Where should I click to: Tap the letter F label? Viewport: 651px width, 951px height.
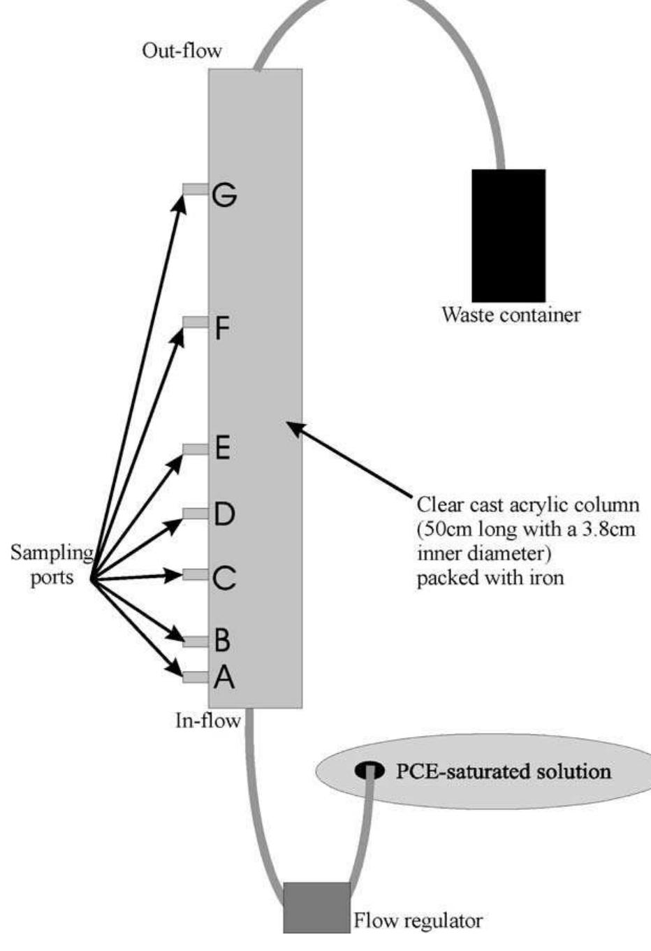(222, 328)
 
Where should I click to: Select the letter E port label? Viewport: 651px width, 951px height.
(222, 447)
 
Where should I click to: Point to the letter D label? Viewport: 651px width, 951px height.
(224, 515)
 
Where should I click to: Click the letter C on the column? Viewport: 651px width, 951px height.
(224, 579)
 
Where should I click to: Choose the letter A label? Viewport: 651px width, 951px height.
(224, 676)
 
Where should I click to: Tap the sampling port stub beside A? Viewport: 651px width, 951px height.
(196, 676)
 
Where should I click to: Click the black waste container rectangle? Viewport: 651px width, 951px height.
(509, 235)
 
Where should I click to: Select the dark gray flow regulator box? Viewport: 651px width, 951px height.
(316, 907)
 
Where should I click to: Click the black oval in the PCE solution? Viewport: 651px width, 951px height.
(370, 770)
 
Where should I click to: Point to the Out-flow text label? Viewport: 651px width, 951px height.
(182, 51)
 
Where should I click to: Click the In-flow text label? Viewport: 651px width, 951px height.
(207, 720)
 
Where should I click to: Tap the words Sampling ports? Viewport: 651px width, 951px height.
(52, 565)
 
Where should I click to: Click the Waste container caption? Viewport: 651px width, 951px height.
(511, 314)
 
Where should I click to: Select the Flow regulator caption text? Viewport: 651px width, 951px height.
(418, 920)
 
